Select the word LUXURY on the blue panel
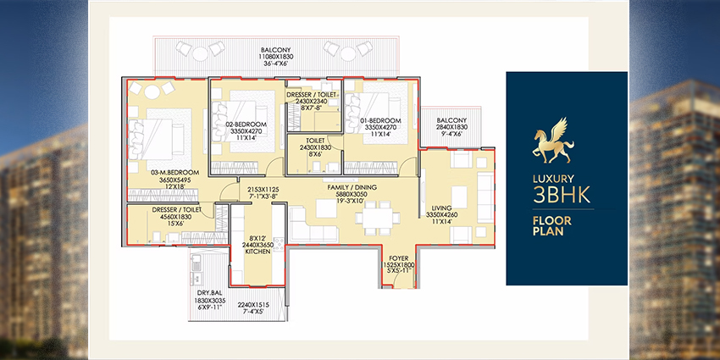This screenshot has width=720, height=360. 553,180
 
